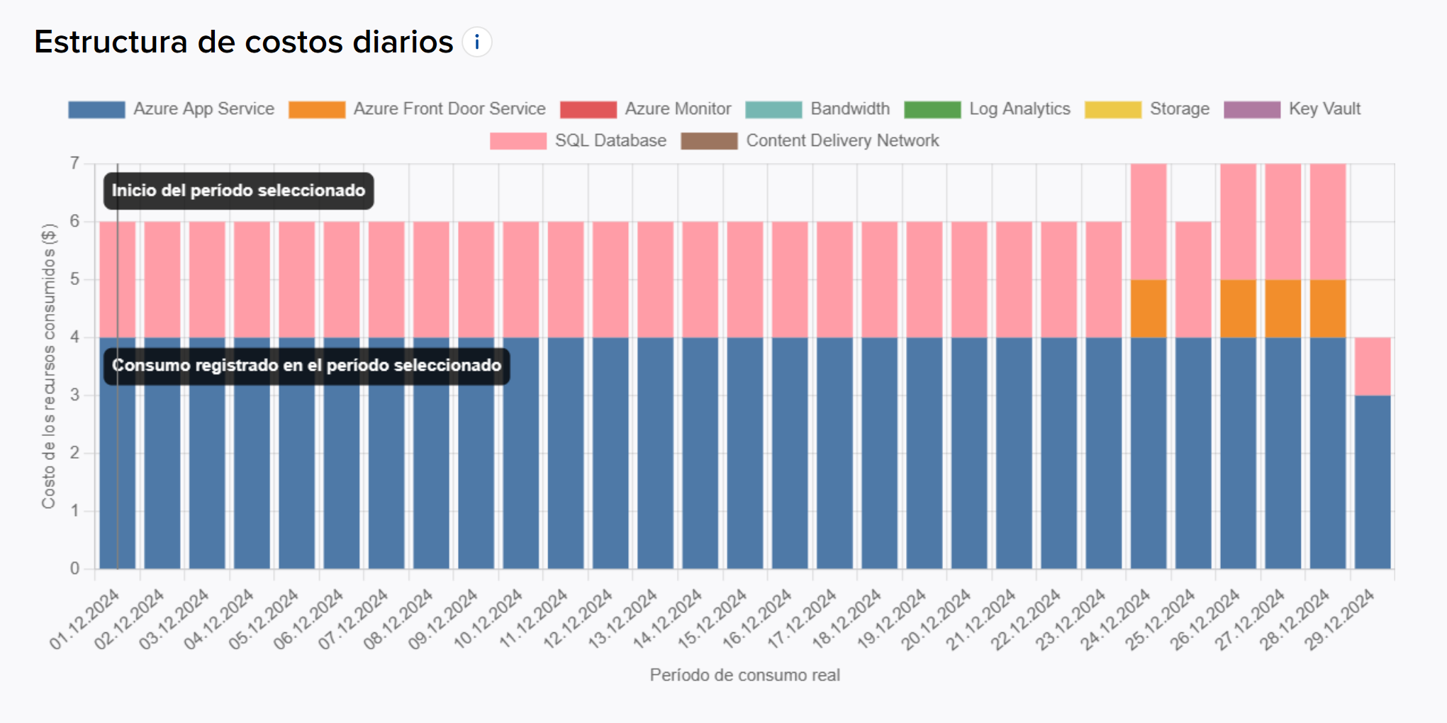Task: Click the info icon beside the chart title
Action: (477, 43)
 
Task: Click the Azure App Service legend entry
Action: (172, 109)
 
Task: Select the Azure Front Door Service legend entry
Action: (418, 109)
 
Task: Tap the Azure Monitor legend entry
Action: (646, 109)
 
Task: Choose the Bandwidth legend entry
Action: (818, 109)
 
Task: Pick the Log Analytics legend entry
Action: (988, 109)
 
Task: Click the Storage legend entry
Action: (1147, 109)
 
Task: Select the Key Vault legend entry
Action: (1292, 109)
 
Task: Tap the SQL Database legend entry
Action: (579, 141)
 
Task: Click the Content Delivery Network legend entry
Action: (810, 141)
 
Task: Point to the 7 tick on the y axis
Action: (74, 164)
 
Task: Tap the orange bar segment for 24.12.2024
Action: (1149, 309)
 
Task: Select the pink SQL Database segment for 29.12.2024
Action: (1373, 366)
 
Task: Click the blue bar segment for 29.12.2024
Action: (1373, 482)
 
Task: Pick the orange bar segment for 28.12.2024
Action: (1328, 309)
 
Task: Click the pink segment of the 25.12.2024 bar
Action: (1193, 280)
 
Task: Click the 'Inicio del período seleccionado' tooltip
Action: (239, 191)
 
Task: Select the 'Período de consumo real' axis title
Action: (744, 676)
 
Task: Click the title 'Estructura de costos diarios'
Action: (243, 43)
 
